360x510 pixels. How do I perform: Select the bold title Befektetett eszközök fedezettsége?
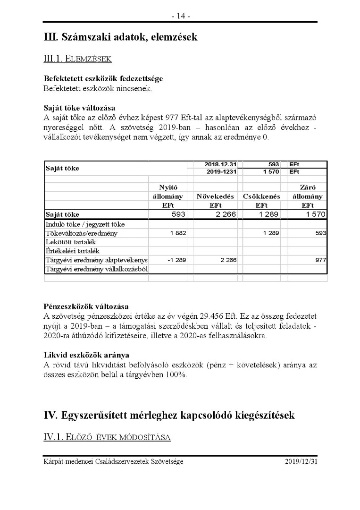[103, 79]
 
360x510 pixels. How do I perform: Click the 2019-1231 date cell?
[221, 172]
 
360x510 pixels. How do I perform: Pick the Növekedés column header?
[215, 196]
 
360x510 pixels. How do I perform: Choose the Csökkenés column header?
[261, 196]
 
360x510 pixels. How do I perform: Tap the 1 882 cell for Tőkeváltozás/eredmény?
[178, 233]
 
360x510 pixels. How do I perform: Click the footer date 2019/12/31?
[301, 461]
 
